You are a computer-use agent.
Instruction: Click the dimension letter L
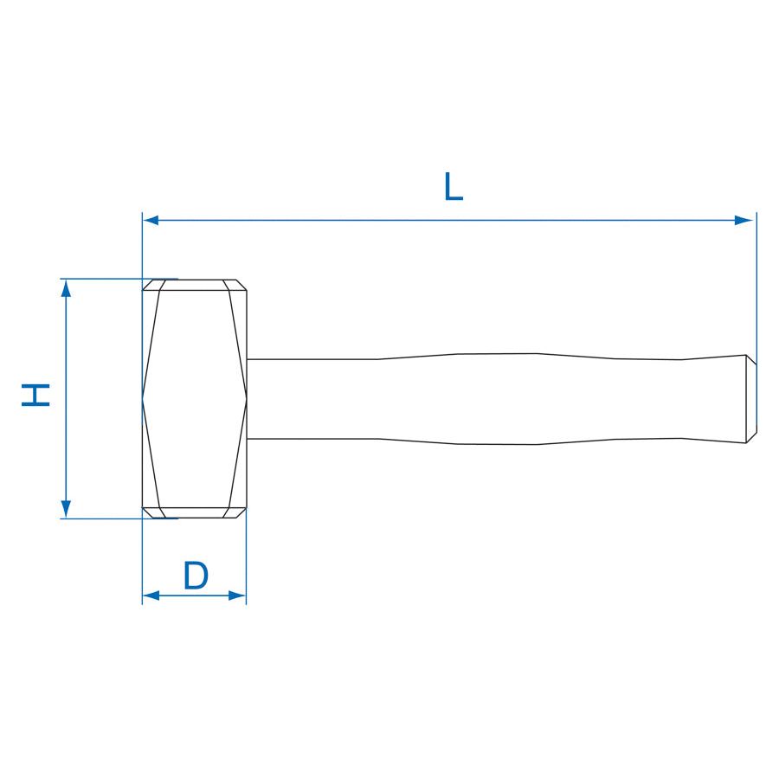click(453, 186)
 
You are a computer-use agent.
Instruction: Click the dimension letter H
click(35, 395)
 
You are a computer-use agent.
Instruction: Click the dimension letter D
click(196, 575)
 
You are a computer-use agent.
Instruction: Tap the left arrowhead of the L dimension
click(151, 220)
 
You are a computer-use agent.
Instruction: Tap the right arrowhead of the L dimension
click(744, 220)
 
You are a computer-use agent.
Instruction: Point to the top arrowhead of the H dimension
click(66, 288)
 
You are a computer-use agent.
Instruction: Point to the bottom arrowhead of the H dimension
click(66, 509)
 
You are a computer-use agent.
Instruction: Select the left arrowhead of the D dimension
click(151, 596)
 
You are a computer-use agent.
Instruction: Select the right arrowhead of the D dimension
click(237, 596)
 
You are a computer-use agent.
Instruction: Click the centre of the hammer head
click(194, 399)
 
